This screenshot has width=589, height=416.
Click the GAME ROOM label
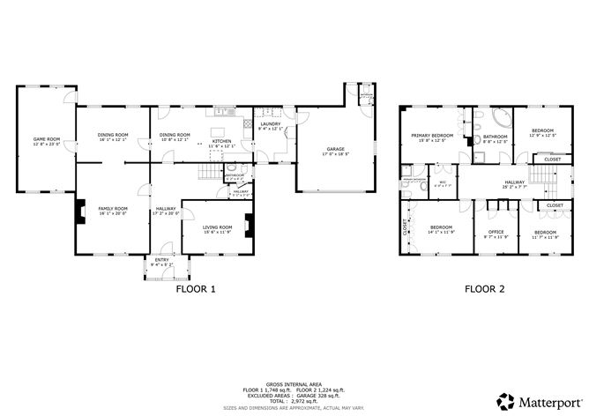point(46,139)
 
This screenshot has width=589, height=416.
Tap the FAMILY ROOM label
point(112,209)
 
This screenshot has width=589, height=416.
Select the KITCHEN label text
point(221,141)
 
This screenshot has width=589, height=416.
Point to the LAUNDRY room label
point(270,124)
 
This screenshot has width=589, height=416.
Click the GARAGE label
point(335,150)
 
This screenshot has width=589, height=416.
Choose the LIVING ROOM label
point(217,227)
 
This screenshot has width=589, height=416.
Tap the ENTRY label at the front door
point(161,260)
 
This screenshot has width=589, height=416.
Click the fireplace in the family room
point(79,212)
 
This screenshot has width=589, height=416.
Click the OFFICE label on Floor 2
point(496,232)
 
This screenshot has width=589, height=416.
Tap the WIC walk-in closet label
point(444,182)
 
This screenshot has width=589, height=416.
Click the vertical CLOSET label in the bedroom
point(406,227)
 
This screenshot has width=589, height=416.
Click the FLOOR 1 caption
point(196,288)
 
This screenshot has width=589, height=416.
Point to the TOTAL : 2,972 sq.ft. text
point(294,400)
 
